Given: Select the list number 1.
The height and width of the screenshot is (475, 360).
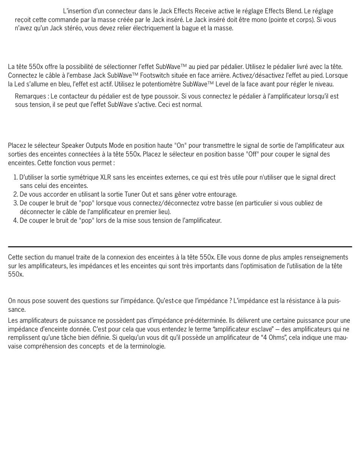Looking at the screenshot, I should [x=15, y=177].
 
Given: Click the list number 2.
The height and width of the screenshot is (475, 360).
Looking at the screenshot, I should [x=15, y=195].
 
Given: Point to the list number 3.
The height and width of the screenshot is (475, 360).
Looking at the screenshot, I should [x=15, y=203].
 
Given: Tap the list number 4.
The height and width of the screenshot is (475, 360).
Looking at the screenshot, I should [x=15, y=220].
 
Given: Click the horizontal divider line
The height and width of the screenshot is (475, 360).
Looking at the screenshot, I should [x=180, y=247].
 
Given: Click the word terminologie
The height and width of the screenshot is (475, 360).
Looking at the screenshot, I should [x=146, y=346].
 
